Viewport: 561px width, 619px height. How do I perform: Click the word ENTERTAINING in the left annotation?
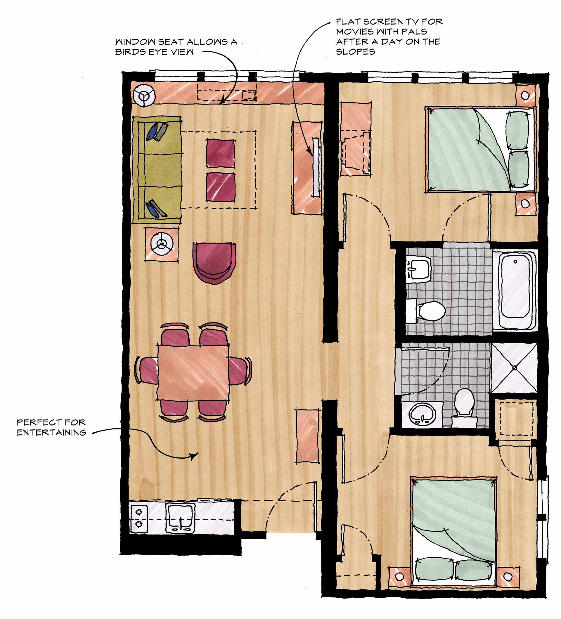[52, 433]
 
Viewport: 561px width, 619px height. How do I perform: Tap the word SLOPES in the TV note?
[355, 52]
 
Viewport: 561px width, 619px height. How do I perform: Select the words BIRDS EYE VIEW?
[155, 52]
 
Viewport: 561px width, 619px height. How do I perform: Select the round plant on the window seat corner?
[144, 95]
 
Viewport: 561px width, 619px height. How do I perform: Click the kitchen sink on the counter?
[180, 518]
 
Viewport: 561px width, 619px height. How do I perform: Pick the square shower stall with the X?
[515, 367]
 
